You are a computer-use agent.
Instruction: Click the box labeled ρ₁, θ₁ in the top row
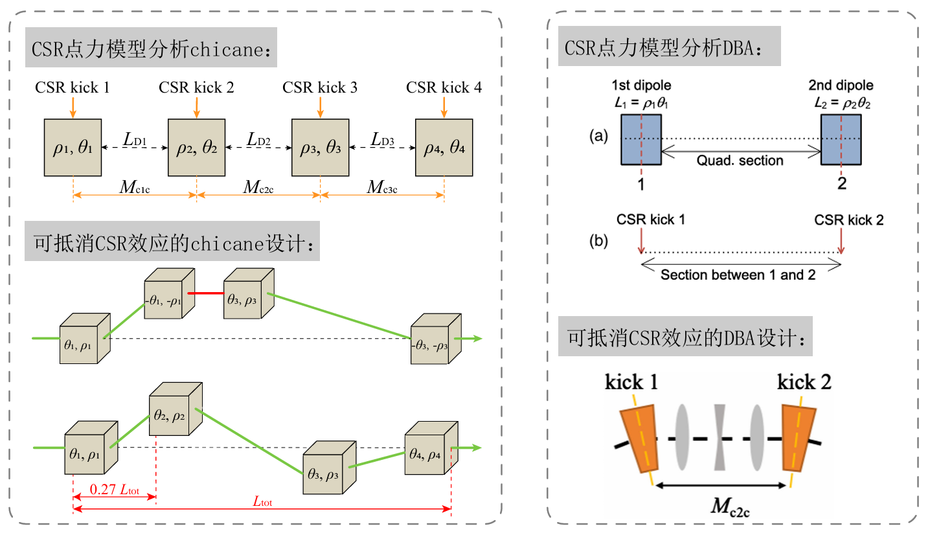pyautogui.click(x=73, y=148)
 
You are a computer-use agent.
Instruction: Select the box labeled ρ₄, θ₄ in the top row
pyautogui.click(x=444, y=148)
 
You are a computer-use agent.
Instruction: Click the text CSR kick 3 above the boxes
pyautogui.click(x=320, y=87)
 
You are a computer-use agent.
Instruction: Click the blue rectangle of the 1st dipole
pyautogui.click(x=641, y=139)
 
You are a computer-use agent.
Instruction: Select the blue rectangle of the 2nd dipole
pyautogui.click(x=841, y=139)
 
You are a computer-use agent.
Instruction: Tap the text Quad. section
pyautogui.click(x=740, y=160)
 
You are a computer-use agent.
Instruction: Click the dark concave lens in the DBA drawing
pyautogui.click(x=720, y=437)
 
